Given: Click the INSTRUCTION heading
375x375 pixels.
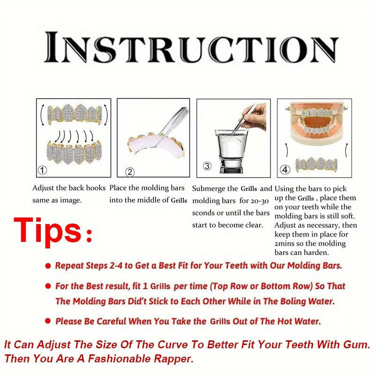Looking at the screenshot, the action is click(191, 47).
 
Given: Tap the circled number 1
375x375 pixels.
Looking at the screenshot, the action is click(43, 170).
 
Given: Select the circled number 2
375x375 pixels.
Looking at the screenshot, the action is click(130, 172).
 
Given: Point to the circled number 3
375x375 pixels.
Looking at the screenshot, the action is click(207, 166).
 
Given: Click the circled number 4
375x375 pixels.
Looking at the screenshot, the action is click(285, 170).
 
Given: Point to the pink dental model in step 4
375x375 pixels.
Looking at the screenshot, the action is click(317, 124).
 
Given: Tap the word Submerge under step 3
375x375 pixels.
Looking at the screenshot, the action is click(208, 188).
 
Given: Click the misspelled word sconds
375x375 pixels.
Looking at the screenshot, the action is click(203, 213).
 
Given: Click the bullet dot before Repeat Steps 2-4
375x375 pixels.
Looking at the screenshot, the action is click(48, 265).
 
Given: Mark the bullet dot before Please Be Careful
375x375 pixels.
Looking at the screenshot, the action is click(48, 321).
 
